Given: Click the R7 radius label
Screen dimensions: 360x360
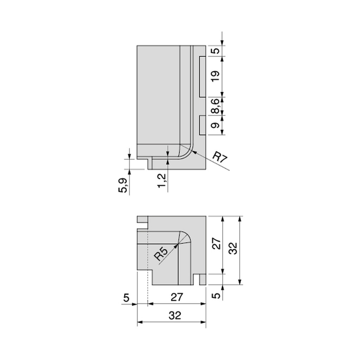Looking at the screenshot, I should point(221,158).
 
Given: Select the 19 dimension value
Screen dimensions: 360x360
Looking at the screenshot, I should point(216,76).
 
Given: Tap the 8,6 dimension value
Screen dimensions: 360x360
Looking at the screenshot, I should point(216,106).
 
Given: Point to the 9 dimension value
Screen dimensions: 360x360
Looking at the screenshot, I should point(216,125).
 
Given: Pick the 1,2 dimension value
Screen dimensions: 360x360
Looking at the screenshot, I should point(162,180).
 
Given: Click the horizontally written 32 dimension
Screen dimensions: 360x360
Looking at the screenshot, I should point(175,315).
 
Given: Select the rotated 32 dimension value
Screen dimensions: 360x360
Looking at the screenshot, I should point(234,248).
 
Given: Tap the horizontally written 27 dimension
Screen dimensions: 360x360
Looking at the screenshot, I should point(177,297).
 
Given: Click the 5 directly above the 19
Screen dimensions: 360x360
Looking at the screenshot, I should point(216,51).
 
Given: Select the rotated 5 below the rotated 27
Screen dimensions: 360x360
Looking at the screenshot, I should point(217,296).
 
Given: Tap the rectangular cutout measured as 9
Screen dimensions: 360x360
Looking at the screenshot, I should point(202,125).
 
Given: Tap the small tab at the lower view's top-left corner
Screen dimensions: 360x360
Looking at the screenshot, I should point(142,220).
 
